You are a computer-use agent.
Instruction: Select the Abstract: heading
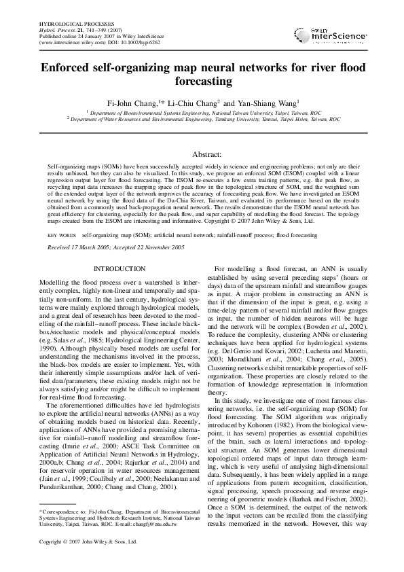pyautogui.click(x=202, y=155)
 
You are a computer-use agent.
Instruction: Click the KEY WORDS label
pyautogui.click(x=62, y=235)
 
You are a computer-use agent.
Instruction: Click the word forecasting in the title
pyautogui.click(x=202, y=81)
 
